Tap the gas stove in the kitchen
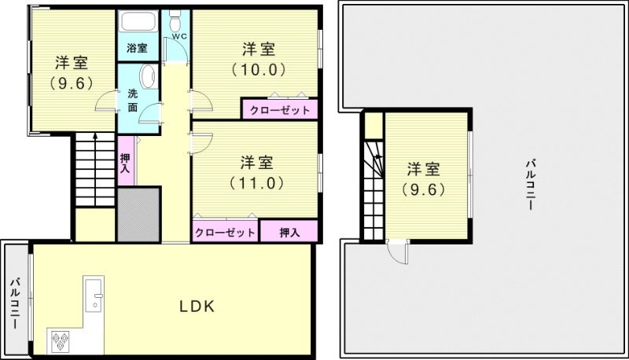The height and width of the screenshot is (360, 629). coord(61,341)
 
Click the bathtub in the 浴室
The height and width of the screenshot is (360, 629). coord(137,23)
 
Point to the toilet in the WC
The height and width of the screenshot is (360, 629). coord(175,17)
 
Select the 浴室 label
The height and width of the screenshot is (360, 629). coord(137,48)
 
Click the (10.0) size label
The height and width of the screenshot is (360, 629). coord(258,69)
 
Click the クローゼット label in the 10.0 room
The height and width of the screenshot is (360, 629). coord(279,110)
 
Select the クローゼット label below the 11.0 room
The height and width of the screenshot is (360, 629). coord(225,233)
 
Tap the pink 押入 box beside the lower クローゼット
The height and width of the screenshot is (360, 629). coord(289,233)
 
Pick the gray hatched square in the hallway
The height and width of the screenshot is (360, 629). coord(138,214)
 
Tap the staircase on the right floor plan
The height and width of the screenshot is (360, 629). coord(374,189)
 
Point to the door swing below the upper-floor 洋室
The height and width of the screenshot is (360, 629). coord(397,253)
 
